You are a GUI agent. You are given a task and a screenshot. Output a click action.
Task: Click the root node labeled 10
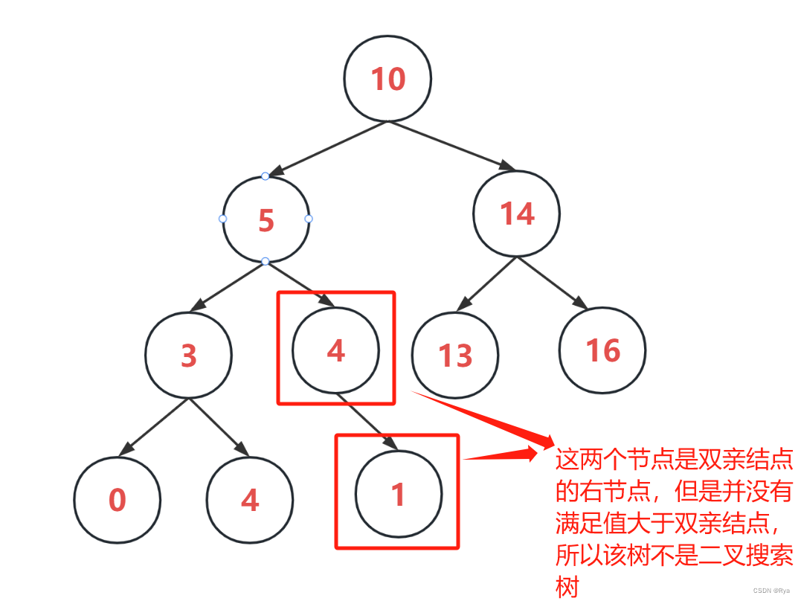pyautogui.click(x=387, y=78)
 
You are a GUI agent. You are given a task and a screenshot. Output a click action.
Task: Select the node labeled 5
pyautogui.click(x=266, y=220)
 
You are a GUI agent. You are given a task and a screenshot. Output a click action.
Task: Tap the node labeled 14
pyautogui.click(x=516, y=214)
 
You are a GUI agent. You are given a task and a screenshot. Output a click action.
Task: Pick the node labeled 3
pyautogui.click(x=188, y=356)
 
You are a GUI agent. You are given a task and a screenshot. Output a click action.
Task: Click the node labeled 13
pyautogui.click(x=455, y=356)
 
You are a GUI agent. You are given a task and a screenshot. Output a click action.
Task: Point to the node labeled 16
pyautogui.click(x=602, y=350)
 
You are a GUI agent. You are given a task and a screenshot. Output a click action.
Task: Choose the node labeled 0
pyautogui.click(x=117, y=500)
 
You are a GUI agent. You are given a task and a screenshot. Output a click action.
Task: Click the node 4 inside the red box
pyautogui.click(x=336, y=350)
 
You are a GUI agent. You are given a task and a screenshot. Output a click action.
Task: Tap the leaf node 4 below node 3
pyautogui.click(x=250, y=500)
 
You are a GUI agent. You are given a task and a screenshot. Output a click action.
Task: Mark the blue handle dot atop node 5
pyautogui.click(x=266, y=176)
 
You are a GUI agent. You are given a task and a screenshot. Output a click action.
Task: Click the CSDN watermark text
pyautogui.click(x=771, y=590)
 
